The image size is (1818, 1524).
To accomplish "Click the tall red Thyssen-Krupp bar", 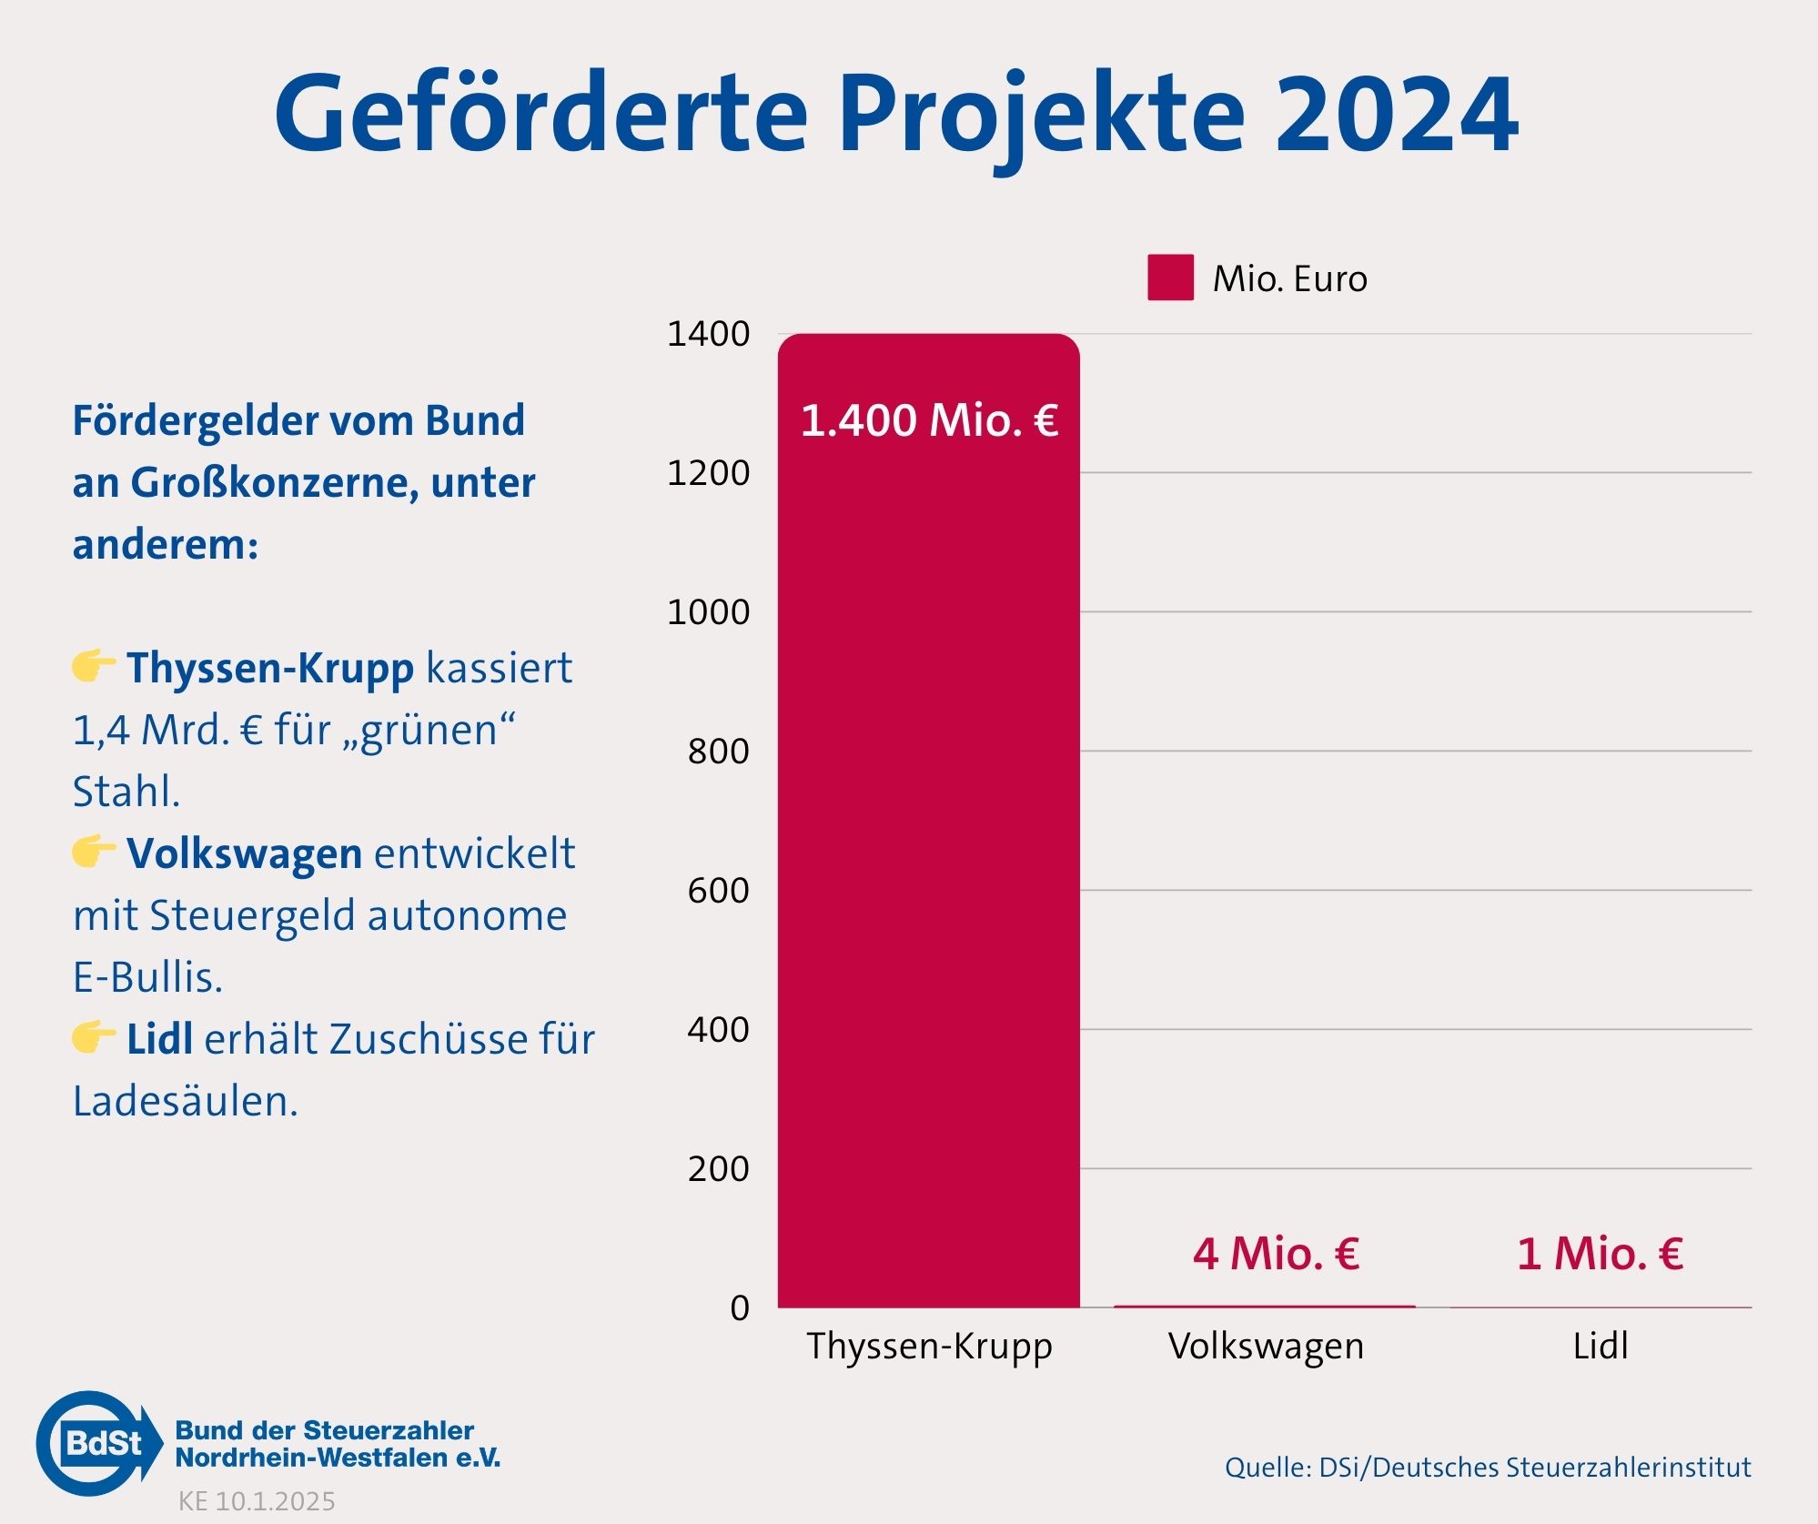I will point(928,819).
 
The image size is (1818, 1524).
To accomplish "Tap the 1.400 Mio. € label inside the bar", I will point(929,420).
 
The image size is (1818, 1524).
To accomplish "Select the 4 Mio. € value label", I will point(1276,1254).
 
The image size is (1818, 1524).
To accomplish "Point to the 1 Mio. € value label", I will point(1600,1254).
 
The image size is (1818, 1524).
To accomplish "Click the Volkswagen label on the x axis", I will point(1266,1346).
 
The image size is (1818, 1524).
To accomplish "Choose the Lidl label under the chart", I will point(1600,1346).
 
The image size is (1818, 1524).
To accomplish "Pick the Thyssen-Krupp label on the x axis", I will point(929,1346).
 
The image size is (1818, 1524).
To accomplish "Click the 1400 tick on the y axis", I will point(708,334).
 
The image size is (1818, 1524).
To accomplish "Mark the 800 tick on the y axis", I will point(718,752).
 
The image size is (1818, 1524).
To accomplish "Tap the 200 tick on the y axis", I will point(718,1168).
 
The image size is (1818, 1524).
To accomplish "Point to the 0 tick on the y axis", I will point(739,1307).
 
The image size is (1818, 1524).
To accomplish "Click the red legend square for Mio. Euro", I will point(1170,278).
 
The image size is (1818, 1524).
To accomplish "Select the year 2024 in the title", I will point(1396,115).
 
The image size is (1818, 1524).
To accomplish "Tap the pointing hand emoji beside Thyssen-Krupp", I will point(93,666).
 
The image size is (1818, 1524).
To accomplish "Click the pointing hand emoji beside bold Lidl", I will point(93,1036).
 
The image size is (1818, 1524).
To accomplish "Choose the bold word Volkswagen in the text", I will point(244,853).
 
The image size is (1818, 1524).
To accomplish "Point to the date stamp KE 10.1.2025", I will point(257,1501).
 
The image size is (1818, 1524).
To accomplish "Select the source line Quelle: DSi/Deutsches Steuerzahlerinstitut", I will point(1487,1468).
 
